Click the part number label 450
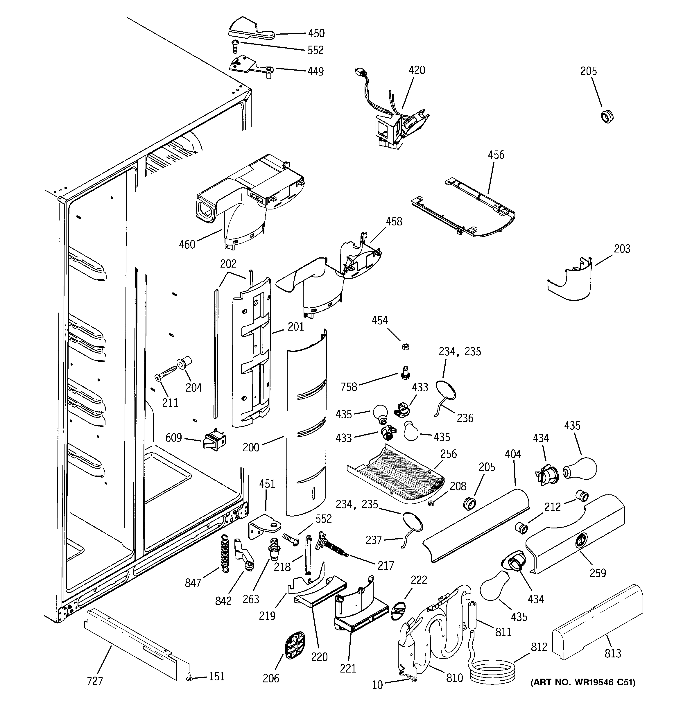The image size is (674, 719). pos(316,33)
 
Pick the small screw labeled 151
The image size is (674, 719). pos(189,677)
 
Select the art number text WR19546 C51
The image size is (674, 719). pos(582,682)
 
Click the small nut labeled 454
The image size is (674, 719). pos(406,347)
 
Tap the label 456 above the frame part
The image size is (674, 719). pos(496,155)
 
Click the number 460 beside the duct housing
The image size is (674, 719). pos(187,245)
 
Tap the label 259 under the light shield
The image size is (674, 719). pos(597,573)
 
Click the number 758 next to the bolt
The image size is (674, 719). pos(349,387)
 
